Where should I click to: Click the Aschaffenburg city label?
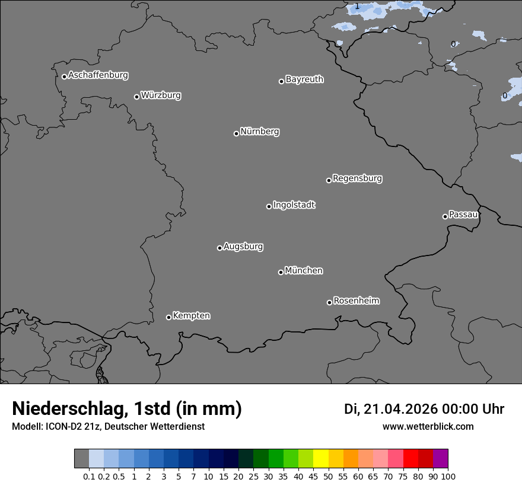[x=98, y=75]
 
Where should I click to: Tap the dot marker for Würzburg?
[x=136, y=97]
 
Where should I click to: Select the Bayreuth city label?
[x=304, y=79]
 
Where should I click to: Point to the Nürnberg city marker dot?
[x=236, y=133]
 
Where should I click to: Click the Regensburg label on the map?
[x=357, y=178]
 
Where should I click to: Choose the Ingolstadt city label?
[x=294, y=205]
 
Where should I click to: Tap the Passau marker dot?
[x=445, y=216]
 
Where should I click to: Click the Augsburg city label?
[x=243, y=246]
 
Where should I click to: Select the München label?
[x=304, y=270]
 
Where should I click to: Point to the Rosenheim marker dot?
[x=329, y=303]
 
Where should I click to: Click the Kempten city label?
[x=191, y=315]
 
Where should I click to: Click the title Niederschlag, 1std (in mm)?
[x=127, y=408]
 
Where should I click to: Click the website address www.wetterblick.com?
[x=428, y=426]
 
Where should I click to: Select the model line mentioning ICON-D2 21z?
[x=108, y=426]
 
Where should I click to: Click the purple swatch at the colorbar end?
[x=441, y=459]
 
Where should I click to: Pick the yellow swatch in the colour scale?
[x=321, y=459]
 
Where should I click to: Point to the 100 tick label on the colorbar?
[x=448, y=476]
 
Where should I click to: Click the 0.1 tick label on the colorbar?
[x=89, y=476]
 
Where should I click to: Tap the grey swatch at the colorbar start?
[x=81, y=459]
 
